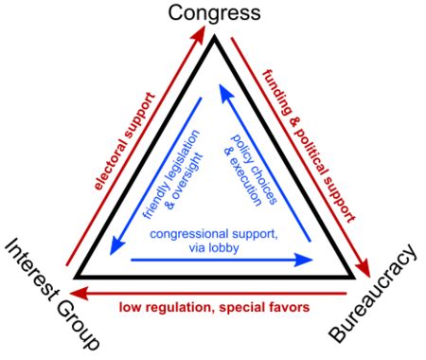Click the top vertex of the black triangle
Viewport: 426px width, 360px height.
pyautogui.click(x=215, y=38)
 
